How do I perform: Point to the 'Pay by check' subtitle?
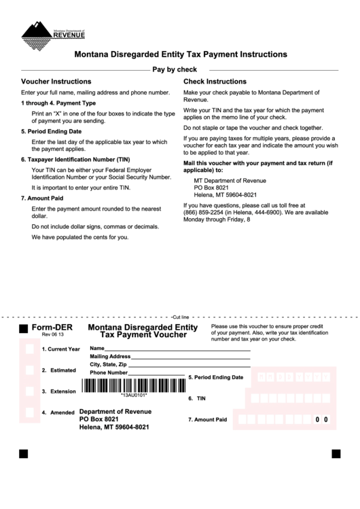tap(175, 69)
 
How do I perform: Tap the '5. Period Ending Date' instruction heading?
tap(51, 131)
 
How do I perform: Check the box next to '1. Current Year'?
tap(29, 349)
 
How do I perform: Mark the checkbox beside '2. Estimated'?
tap(29, 370)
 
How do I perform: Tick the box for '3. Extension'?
tap(29, 391)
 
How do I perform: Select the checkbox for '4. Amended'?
tap(29, 413)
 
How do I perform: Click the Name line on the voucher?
tap(178, 349)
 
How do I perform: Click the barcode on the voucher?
tap(133, 385)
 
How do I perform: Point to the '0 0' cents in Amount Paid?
tap(321, 420)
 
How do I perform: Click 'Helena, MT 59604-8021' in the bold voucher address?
tap(114, 427)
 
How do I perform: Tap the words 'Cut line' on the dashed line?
tap(181, 317)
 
